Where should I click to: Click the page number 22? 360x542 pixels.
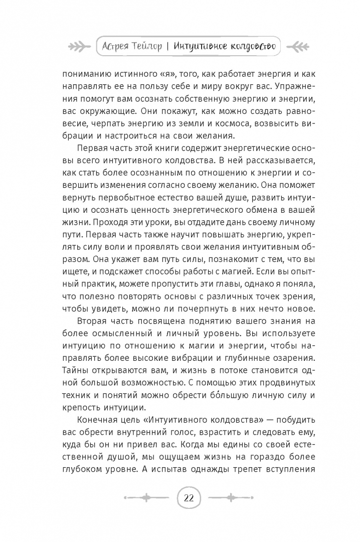click(x=189, y=498)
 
